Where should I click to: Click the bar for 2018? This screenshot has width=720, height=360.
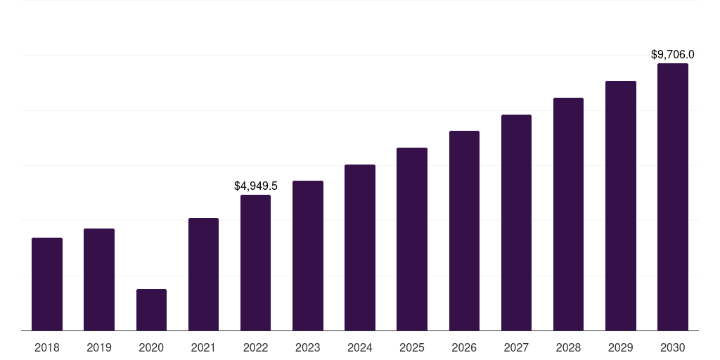[x=47, y=284]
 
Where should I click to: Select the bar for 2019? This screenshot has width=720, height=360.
[x=99, y=280]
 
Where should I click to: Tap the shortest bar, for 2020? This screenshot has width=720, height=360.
[x=152, y=310]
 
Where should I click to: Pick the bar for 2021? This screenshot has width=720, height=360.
[x=203, y=274]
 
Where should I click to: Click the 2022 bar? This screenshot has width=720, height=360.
[x=255, y=263]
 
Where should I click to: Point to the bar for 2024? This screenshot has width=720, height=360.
[x=360, y=247]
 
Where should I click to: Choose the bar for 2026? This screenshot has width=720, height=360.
[x=464, y=231]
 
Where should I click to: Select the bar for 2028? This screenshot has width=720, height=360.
[x=568, y=214]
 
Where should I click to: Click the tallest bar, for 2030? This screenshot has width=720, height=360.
[x=673, y=197]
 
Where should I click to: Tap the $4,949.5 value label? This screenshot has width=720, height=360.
[x=256, y=186]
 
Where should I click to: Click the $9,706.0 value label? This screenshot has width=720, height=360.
[x=673, y=55]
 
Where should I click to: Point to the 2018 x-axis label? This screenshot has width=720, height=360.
[x=47, y=347]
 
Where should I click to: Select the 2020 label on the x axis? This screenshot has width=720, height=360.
[x=152, y=347]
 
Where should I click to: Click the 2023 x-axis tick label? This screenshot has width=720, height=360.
[x=308, y=347]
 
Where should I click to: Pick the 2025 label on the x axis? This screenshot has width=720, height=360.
[x=412, y=347]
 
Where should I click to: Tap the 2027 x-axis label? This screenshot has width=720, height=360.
[x=516, y=347]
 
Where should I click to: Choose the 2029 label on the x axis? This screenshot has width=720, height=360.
[x=620, y=347]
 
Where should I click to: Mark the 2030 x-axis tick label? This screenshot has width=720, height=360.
[x=673, y=347]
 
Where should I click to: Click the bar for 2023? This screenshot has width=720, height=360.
[x=308, y=256]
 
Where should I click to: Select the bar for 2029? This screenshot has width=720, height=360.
[x=621, y=206]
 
